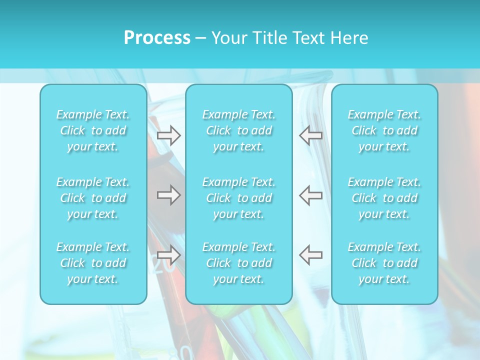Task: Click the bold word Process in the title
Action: (157, 38)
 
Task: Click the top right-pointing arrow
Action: (168, 135)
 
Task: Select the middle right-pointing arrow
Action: (168, 195)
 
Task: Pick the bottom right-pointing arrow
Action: (168, 255)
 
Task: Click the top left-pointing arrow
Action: (310, 135)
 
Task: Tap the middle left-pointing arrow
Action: (310, 195)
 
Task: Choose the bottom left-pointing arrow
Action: (310, 255)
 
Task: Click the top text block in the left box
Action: (93, 130)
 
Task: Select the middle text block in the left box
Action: (93, 198)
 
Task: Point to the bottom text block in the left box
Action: (93, 263)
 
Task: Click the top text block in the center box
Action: (239, 130)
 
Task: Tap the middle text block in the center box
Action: (239, 198)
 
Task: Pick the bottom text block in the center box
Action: (239, 263)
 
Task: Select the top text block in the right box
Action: (384, 130)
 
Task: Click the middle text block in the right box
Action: (384, 198)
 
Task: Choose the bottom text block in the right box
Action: (384, 263)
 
